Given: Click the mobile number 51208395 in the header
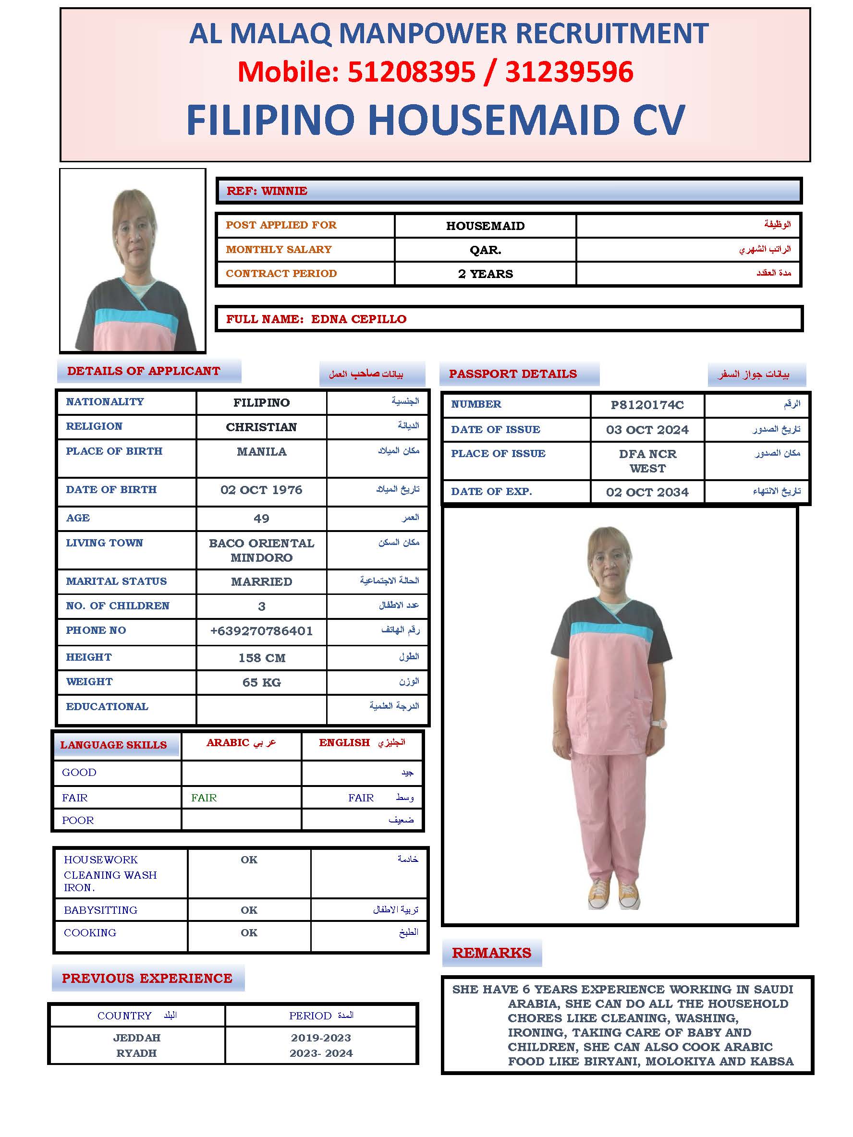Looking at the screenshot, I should (x=411, y=72).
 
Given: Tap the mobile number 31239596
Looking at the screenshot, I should (x=569, y=72).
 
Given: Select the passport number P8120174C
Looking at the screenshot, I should (x=647, y=405).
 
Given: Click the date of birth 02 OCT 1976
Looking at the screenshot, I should (x=261, y=489).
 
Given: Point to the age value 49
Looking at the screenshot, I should (x=261, y=518).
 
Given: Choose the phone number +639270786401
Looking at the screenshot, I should (x=261, y=631).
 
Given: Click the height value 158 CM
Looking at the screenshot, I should (x=261, y=657).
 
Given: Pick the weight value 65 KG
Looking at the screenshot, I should (x=261, y=682).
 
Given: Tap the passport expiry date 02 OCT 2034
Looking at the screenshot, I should (x=647, y=492).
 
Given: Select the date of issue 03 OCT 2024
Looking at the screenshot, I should (x=647, y=430).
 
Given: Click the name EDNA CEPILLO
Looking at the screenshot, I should (x=358, y=319).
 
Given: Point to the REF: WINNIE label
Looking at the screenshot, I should (x=267, y=191).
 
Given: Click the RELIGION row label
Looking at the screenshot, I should (x=94, y=426).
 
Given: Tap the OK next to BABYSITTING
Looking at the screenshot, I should (x=249, y=910).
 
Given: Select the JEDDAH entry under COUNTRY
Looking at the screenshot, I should (x=137, y=1037).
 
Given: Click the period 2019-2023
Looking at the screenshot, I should (x=321, y=1037).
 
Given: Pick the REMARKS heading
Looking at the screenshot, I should (x=491, y=953).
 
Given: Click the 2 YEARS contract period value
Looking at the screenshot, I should (x=485, y=274).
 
